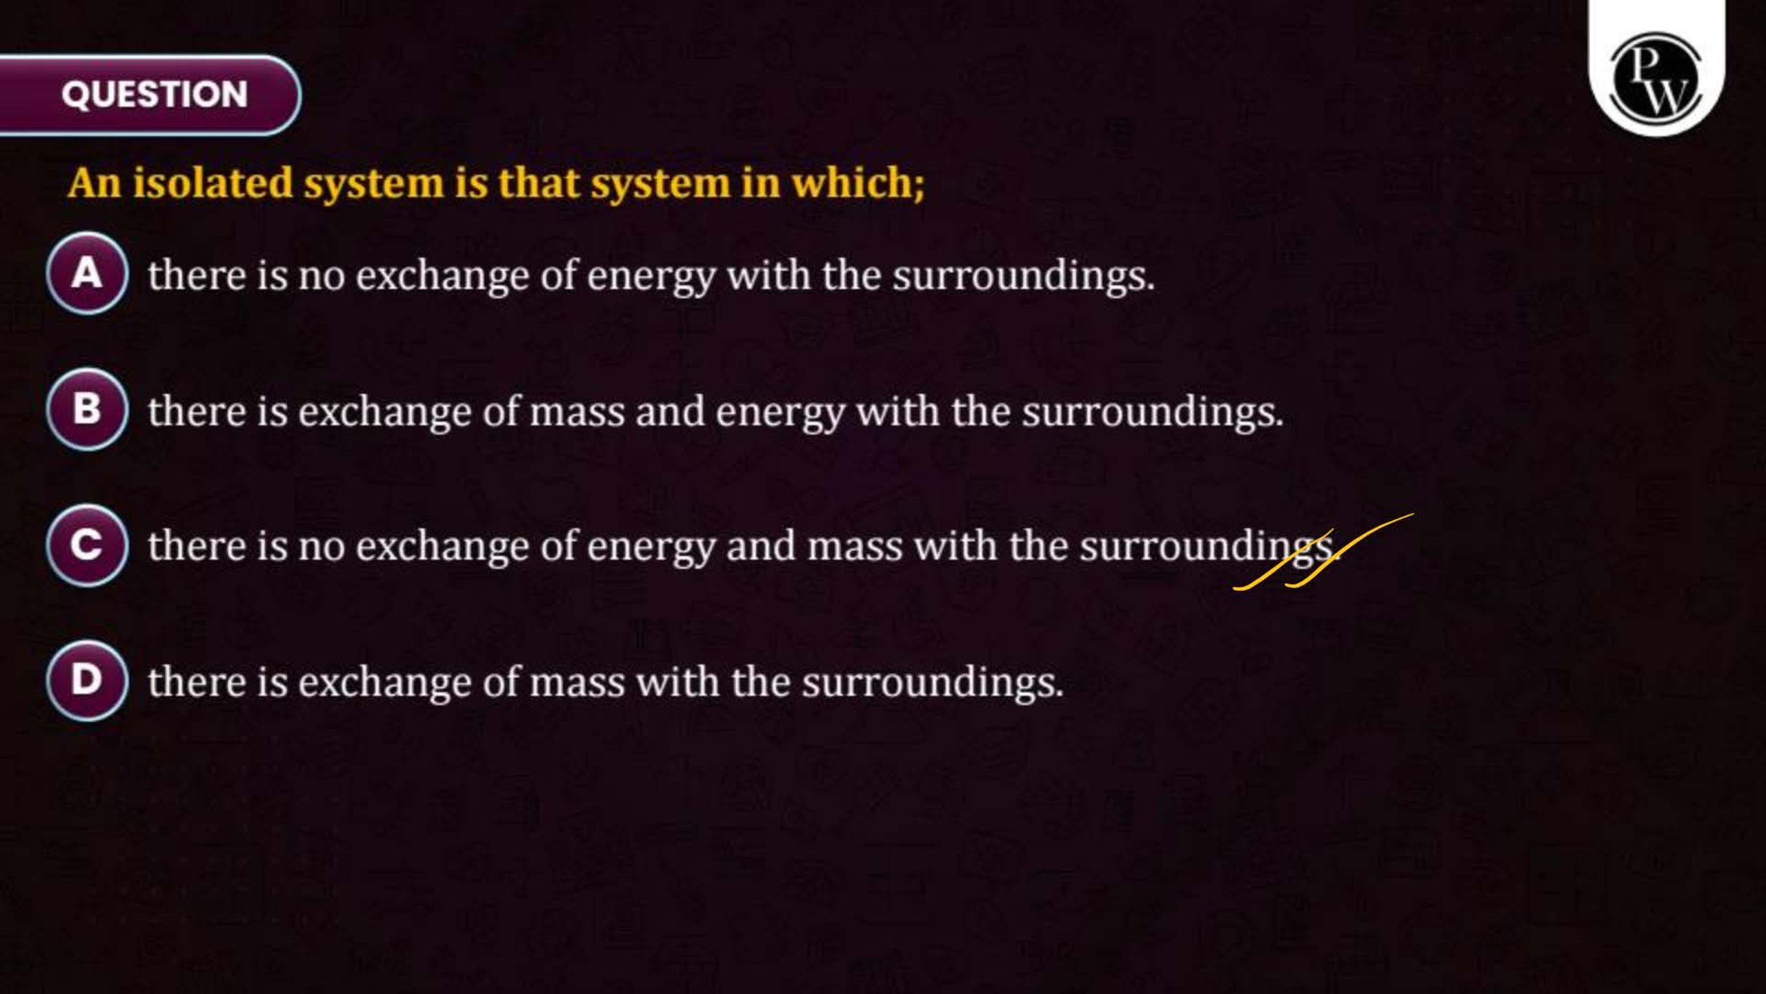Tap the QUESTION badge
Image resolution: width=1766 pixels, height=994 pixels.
pyautogui.click(x=150, y=95)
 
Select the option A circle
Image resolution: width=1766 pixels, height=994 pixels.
pyautogui.click(x=87, y=273)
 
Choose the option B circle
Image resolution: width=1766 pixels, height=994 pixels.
pyautogui.click(x=87, y=409)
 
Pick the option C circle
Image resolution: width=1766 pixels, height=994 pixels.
pyautogui.click(x=87, y=545)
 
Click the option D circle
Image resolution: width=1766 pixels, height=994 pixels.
pyautogui.click(x=87, y=681)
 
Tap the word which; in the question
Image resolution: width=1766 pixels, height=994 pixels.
pyautogui.click(x=857, y=184)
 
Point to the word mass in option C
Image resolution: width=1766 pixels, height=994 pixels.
pyautogui.click(x=855, y=547)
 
